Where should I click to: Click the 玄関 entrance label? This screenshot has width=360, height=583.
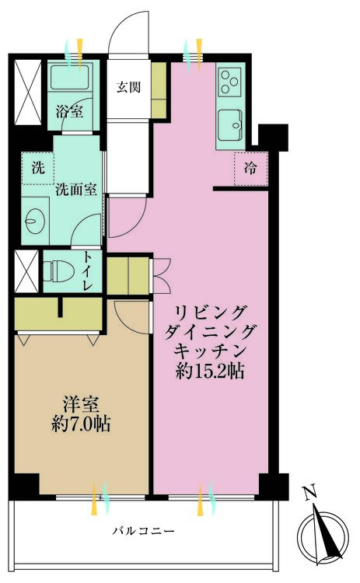[x=128, y=87]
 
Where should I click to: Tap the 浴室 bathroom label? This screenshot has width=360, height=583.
[x=69, y=111]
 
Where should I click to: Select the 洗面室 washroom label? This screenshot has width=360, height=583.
[x=76, y=190]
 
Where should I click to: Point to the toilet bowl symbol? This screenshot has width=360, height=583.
[x=58, y=271]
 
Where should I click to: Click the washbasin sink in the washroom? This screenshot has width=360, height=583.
[x=35, y=221]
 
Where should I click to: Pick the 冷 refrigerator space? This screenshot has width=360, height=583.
[x=251, y=169]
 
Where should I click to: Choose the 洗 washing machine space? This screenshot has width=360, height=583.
[x=38, y=168]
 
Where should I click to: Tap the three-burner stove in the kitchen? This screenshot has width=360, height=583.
[x=229, y=82]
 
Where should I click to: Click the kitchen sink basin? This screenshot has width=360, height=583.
[x=229, y=126]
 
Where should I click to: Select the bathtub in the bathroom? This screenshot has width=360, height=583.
[x=70, y=78]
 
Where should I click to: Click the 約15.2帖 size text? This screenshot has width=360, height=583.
[x=210, y=371]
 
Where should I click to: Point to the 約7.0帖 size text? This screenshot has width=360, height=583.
[x=81, y=424]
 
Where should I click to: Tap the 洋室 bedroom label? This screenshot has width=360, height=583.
[x=81, y=405]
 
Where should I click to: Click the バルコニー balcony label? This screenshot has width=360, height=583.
[x=144, y=531]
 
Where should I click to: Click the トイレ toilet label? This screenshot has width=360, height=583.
[x=87, y=272]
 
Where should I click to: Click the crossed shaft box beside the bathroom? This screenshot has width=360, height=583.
[x=28, y=92]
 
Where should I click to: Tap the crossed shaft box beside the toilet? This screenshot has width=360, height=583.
[x=26, y=271]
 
